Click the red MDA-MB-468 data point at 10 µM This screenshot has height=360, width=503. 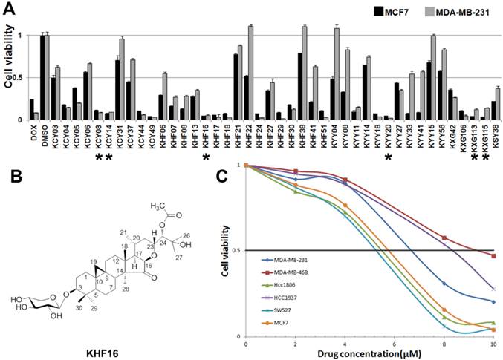[x=493, y=255]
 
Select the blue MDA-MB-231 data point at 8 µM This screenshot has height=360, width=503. [x=444, y=284]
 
